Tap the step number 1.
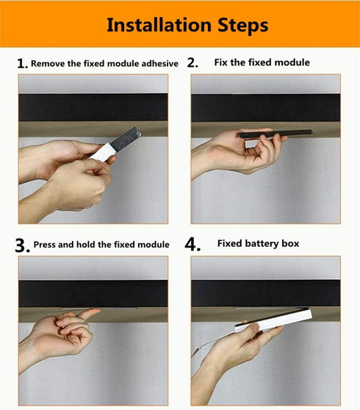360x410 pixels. pyautogui.click(x=22, y=63)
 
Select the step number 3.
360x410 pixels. pyautogui.click(x=22, y=245)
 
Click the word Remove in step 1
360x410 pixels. pyautogui.click(x=48, y=64)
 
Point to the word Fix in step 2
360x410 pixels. pyautogui.click(x=221, y=62)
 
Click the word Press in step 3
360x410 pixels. pyautogui.click(x=47, y=245)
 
